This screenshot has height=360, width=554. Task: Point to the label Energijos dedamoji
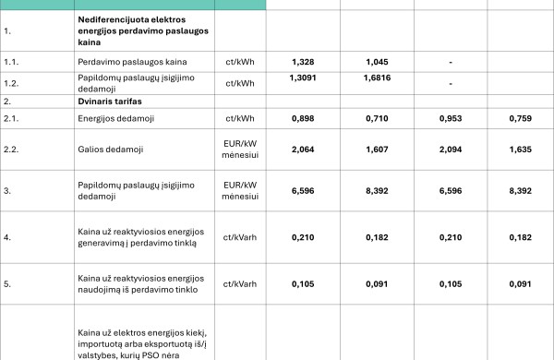tap(115, 118)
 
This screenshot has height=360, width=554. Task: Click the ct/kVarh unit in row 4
tap(239, 235)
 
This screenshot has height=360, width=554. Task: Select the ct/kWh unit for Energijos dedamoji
tap(239, 118)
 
